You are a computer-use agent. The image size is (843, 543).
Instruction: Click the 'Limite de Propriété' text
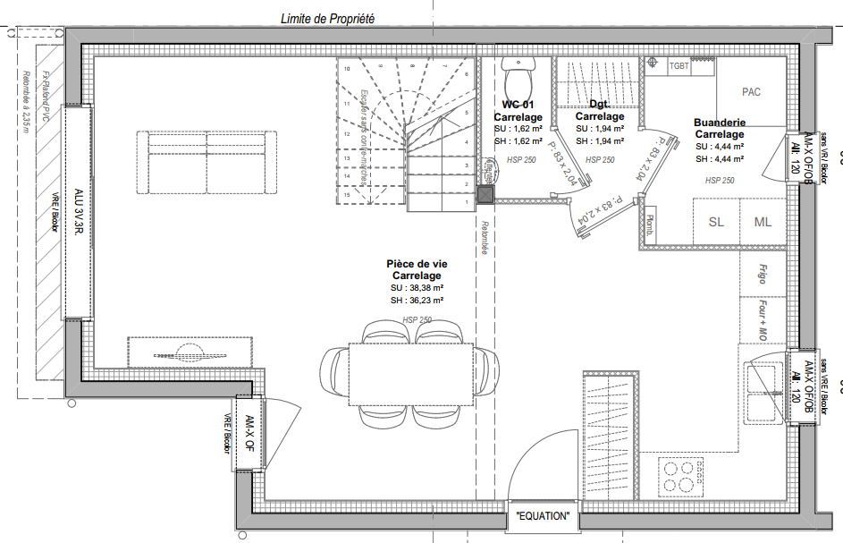tap(327, 18)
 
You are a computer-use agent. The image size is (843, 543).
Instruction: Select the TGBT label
tap(679, 66)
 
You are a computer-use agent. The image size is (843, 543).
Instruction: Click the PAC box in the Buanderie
tap(751, 92)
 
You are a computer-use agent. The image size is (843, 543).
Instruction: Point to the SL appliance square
tap(716, 222)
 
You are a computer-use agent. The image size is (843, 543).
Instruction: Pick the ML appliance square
tap(763, 222)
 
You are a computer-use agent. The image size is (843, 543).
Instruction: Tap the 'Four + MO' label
tap(763, 320)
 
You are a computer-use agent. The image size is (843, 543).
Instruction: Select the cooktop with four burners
tap(679, 475)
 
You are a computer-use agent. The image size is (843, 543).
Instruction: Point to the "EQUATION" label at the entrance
tap(543, 516)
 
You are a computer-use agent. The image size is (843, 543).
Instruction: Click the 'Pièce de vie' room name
tap(417, 265)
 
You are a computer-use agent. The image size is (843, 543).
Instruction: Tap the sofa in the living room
tap(207, 162)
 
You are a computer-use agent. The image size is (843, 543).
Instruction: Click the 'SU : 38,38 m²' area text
tap(417, 289)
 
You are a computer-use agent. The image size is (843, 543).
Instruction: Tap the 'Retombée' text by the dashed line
tap(485, 238)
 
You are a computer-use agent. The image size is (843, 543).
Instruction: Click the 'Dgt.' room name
tap(599, 105)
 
